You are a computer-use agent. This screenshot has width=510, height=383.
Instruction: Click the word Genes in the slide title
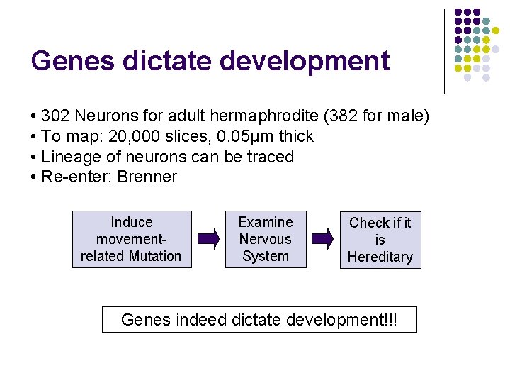(72, 61)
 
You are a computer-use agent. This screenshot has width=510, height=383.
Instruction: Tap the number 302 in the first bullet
(55, 116)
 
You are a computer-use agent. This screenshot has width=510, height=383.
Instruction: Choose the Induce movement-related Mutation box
(132, 239)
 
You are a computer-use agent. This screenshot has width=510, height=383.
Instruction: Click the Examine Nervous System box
(266, 239)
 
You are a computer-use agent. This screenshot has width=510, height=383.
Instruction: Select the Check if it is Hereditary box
(380, 240)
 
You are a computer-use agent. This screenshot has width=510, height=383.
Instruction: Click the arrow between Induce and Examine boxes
(208, 239)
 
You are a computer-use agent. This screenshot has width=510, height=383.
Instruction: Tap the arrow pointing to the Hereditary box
(323, 239)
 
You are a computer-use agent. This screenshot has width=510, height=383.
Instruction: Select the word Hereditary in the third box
(380, 257)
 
